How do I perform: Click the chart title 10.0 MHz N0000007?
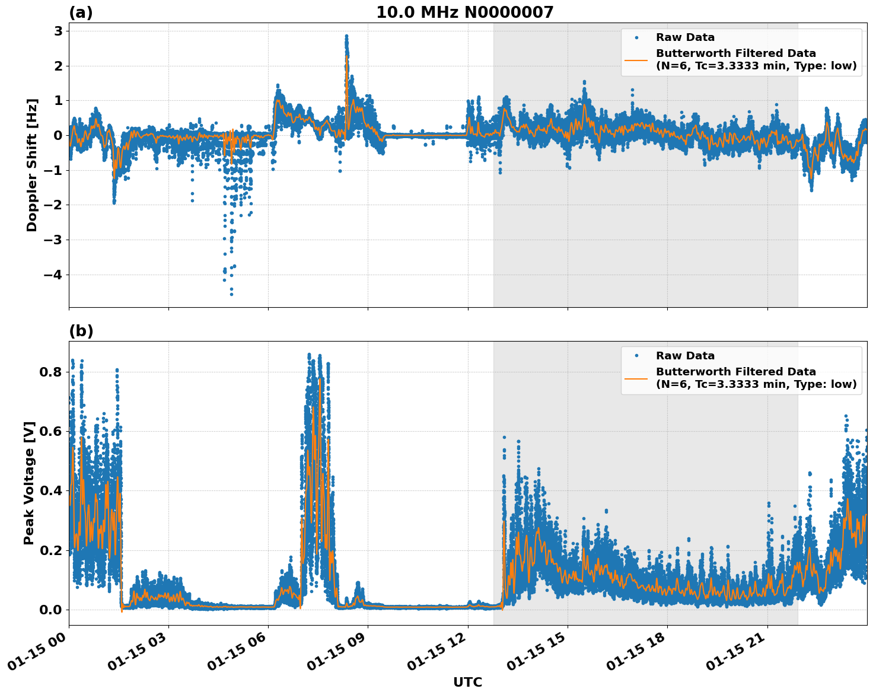tap(464, 12)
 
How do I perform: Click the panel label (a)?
tap(81, 12)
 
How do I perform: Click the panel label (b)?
tap(81, 331)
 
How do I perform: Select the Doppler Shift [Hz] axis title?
tap(32, 165)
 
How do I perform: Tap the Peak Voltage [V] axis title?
tap(29, 483)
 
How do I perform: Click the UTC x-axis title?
tap(467, 682)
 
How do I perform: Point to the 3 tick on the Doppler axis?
tap(58, 31)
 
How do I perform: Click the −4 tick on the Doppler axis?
tap(53, 275)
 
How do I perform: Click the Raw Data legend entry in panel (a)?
tap(685, 37)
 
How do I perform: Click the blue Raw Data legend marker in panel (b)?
tap(636, 356)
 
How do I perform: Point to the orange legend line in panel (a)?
tap(636, 60)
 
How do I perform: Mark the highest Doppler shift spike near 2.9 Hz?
tap(346, 36)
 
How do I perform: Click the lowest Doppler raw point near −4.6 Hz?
tap(231, 294)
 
